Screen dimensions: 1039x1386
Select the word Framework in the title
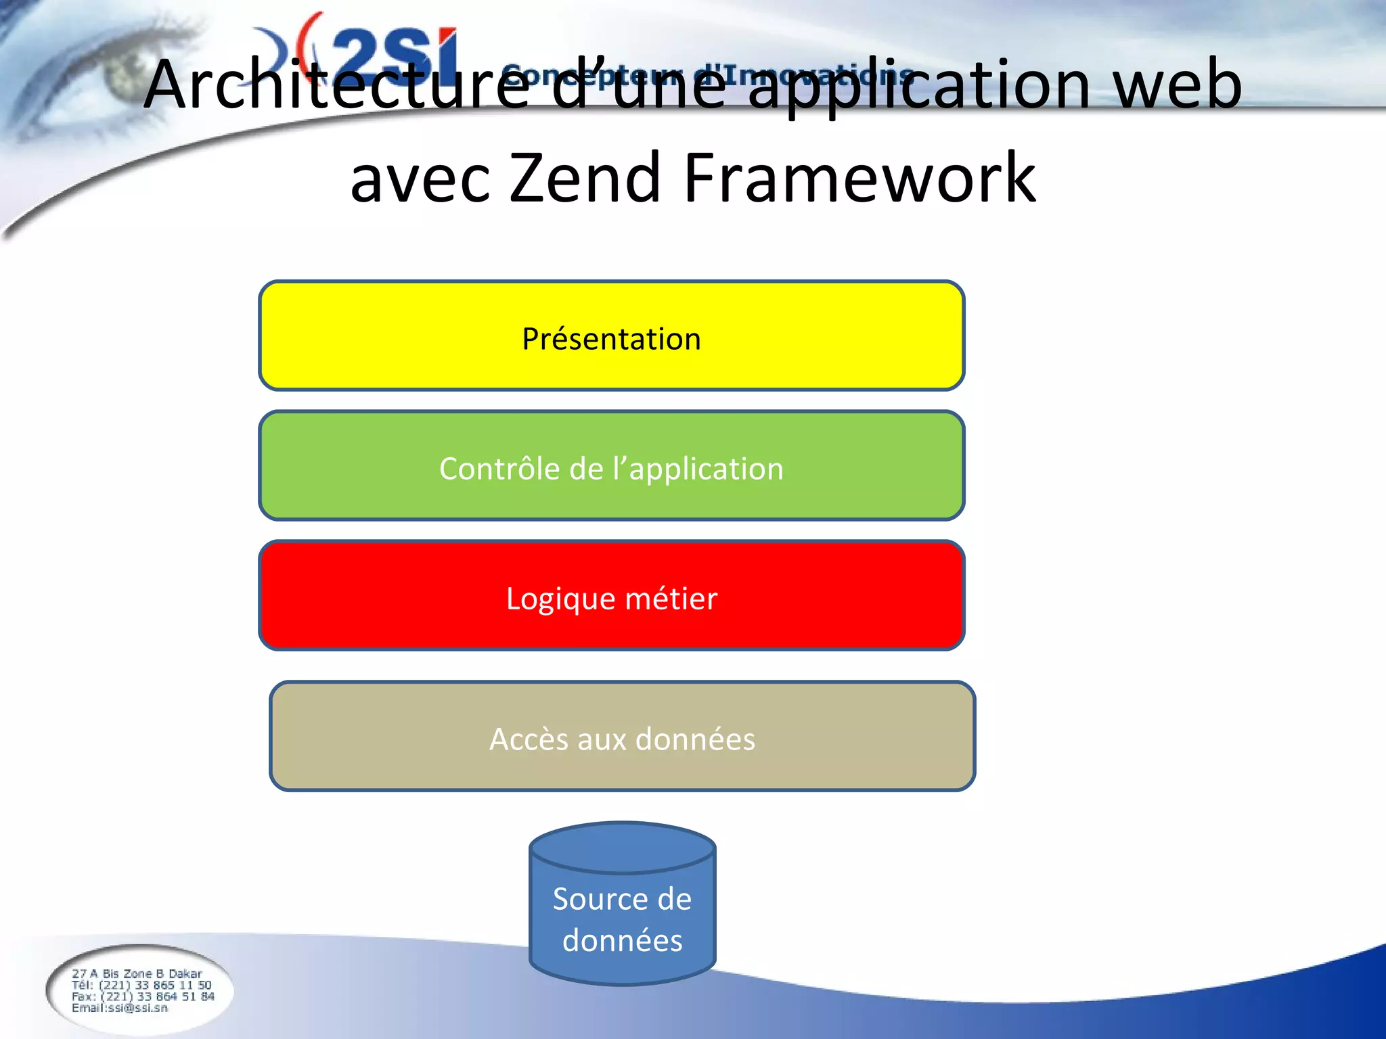tap(859, 178)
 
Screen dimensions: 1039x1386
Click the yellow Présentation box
tap(611, 336)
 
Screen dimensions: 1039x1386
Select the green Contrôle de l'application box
tap(611, 466)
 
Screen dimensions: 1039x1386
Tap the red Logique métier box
tap(611, 596)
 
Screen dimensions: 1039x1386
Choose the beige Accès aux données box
tap(622, 737)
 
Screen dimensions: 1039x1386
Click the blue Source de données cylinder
tap(622, 913)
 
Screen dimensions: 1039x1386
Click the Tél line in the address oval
tap(141, 985)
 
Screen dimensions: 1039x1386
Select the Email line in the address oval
tap(120, 1008)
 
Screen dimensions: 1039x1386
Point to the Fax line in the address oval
tap(143, 996)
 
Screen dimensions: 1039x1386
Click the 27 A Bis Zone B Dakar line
tap(137, 973)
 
